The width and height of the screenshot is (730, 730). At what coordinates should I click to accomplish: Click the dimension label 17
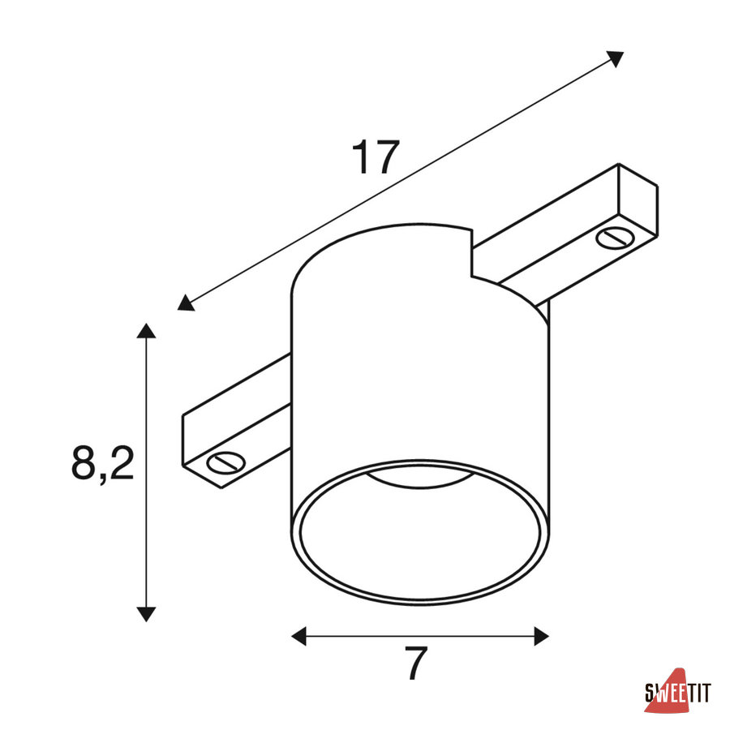pyautogui.click(x=376, y=157)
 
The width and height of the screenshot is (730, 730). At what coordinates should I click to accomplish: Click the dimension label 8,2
pyautogui.click(x=103, y=464)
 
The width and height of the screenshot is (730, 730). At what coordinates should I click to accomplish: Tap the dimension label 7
pyautogui.click(x=416, y=663)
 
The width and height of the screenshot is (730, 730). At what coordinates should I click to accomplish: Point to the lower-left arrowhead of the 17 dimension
pyautogui.click(x=186, y=303)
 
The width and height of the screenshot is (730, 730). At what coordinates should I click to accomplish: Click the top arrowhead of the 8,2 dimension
pyautogui.click(x=146, y=331)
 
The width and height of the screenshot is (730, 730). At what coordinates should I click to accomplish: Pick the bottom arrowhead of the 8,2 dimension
pyautogui.click(x=146, y=615)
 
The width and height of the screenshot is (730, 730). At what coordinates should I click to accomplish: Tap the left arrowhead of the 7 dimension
pyautogui.click(x=298, y=636)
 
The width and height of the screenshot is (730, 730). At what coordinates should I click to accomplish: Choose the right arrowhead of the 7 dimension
pyautogui.click(x=542, y=636)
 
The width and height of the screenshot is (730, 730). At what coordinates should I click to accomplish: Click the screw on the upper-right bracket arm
pyautogui.click(x=615, y=238)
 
